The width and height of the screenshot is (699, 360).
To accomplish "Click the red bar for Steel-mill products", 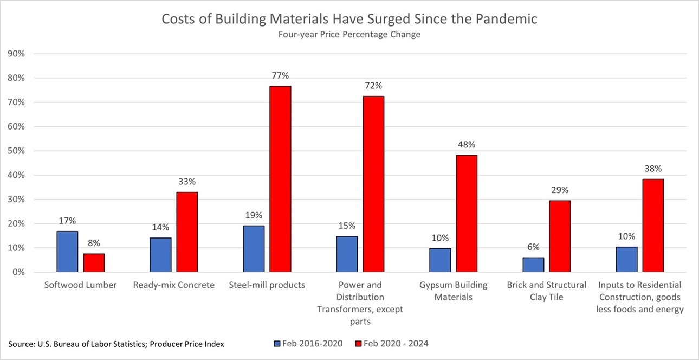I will click(280, 179).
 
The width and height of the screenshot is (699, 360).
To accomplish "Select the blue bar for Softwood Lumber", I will click(67, 252).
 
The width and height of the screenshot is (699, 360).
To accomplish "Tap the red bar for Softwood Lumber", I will click(94, 263).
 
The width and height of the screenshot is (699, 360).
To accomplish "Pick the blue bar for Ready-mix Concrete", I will click(160, 255).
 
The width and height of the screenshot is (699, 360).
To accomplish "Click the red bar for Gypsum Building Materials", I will click(467, 214).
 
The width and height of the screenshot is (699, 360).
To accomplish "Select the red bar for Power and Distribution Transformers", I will click(373, 184).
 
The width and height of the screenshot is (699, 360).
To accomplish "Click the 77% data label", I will click(280, 75).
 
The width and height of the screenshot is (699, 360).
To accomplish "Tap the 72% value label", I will click(373, 86).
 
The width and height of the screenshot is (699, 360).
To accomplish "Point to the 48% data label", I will click(467, 145).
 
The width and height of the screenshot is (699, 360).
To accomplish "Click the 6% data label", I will click(533, 247).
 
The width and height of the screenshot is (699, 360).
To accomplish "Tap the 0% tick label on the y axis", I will click(20, 272).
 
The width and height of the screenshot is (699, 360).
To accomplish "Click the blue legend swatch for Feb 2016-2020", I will click(278, 343).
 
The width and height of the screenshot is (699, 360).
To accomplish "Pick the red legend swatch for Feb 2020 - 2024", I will click(358, 343).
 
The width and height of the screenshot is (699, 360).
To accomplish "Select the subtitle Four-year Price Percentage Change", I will click(349, 35).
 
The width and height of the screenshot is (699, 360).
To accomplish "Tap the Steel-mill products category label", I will click(267, 285).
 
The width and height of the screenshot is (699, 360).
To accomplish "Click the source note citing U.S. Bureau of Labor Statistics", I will click(116, 344).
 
